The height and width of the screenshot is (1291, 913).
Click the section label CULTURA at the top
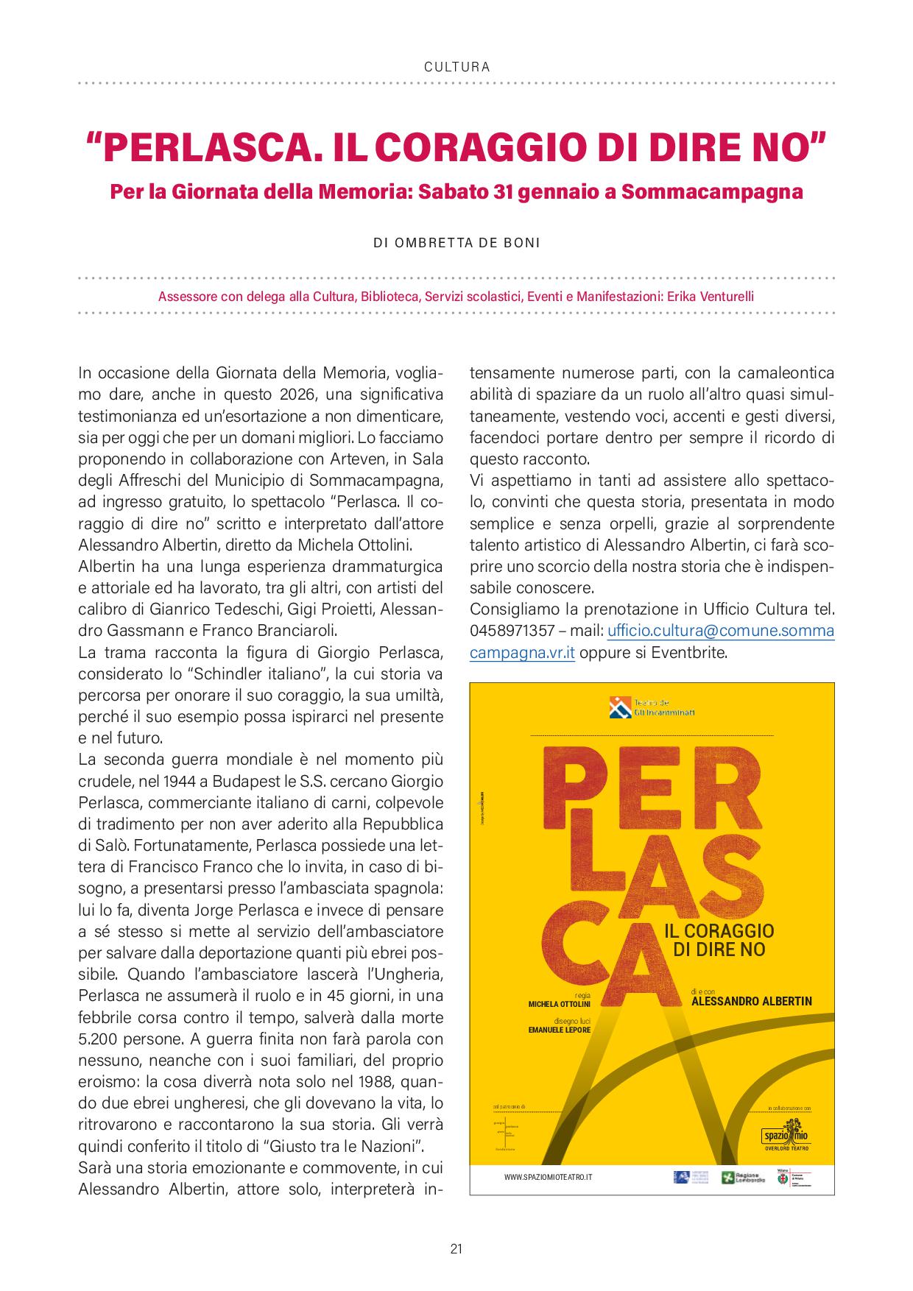click(456, 67)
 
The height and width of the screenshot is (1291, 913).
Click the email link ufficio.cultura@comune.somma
click(720, 631)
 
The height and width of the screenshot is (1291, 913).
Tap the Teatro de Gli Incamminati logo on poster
click(652, 707)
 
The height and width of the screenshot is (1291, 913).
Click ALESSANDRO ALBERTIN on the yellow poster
click(751, 1001)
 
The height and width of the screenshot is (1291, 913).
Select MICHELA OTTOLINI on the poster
click(560, 1004)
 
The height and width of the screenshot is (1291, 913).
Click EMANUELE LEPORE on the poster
click(559, 1030)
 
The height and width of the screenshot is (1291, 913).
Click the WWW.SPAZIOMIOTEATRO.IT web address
click(548, 1178)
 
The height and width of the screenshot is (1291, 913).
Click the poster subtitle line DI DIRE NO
click(719, 949)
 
